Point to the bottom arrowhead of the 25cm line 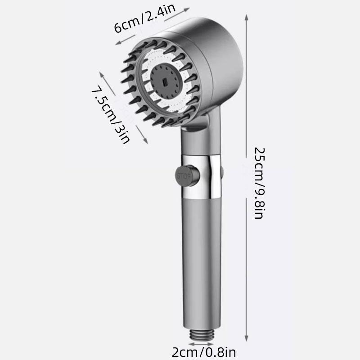click(246, 342)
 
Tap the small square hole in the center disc click(165, 83)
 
